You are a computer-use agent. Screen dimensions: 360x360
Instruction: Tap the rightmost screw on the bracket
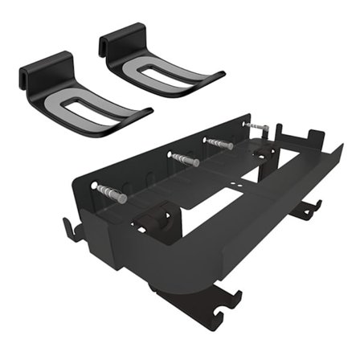256,127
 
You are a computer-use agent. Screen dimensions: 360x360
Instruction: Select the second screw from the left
184,158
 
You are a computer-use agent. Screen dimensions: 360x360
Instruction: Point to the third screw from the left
219,143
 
